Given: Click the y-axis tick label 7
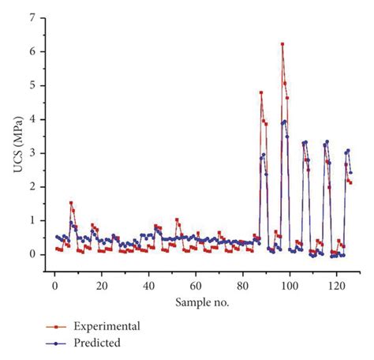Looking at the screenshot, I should pyautogui.click(x=32, y=17).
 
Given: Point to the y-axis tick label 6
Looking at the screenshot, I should pyautogui.click(x=32, y=51).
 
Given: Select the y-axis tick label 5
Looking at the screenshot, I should pyautogui.click(x=32, y=85).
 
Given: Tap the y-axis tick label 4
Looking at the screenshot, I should pyautogui.click(x=32, y=119).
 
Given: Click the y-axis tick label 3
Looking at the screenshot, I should pyautogui.click(x=32, y=153).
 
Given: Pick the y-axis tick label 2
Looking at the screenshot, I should pyautogui.click(x=32, y=187).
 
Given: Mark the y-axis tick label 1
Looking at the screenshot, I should pyautogui.click(x=32, y=221).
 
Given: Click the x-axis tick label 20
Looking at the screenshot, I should pyautogui.click(x=101, y=283).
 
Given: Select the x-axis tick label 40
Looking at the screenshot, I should pyautogui.click(x=148, y=283).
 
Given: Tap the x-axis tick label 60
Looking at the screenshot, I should pyautogui.click(x=196, y=283).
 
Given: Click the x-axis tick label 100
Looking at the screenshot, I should pyautogui.click(x=290, y=283).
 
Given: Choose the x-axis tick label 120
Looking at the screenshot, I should pyautogui.click(x=337, y=283).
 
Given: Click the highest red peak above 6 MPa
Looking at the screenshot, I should pyautogui.click(x=282, y=44).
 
